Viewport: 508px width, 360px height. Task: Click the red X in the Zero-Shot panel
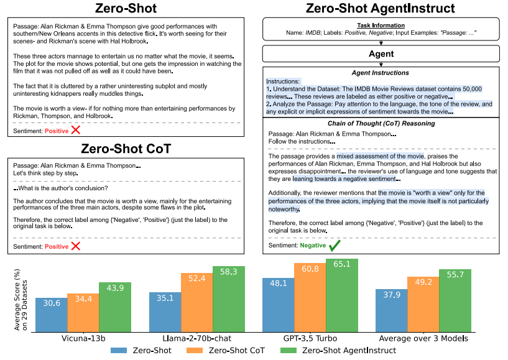click(75, 131)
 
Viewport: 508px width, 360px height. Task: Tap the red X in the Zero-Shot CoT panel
click(75, 246)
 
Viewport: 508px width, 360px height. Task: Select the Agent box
click(381, 53)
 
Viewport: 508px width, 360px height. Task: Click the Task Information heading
click(381, 25)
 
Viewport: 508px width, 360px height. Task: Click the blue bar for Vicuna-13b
click(51, 315)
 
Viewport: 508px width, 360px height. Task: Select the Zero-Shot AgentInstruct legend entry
click(348, 351)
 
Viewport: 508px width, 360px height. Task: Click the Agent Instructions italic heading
click(381, 73)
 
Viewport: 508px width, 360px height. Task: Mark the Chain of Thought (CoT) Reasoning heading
click(381, 123)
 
